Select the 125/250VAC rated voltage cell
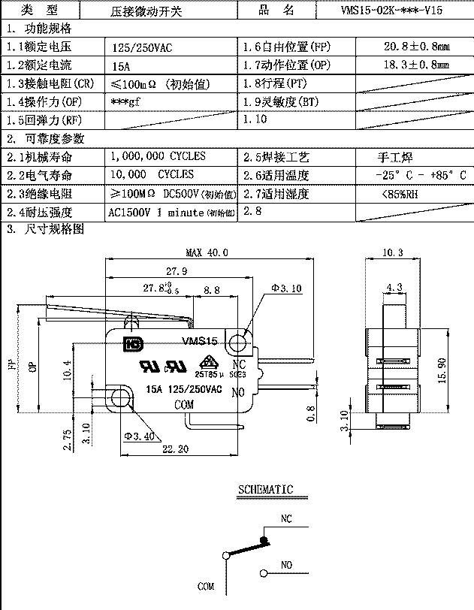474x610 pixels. (142, 47)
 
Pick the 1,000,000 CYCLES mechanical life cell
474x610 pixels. (157, 156)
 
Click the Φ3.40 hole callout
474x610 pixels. (140, 436)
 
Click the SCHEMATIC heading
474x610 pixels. (265, 490)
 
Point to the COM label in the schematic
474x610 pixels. (206, 585)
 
